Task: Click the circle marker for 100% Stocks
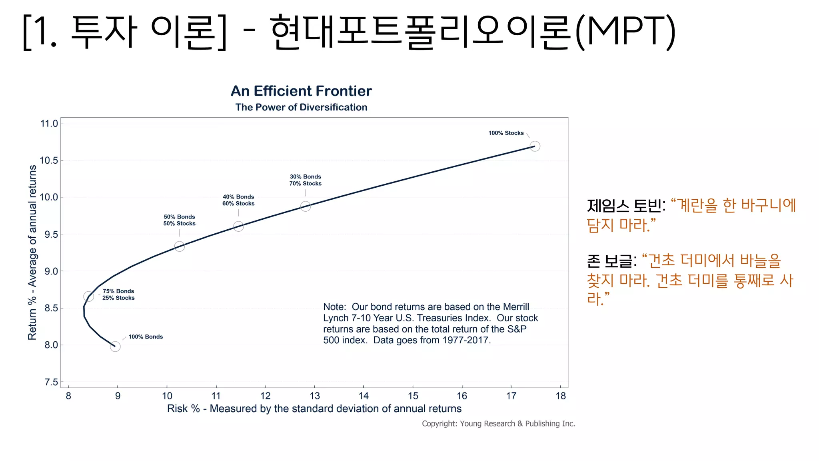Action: pyautogui.click(x=535, y=146)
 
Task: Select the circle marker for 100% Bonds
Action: pyautogui.click(x=115, y=347)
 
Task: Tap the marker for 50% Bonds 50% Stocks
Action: pyautogui.click(x=180, y=247)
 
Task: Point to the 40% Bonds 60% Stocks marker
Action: pyautogui.click(x=238, y=226)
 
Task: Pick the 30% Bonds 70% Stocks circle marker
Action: pyautogui.click(x=306, y=206)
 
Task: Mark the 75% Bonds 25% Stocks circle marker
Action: pyautogui.click(x=89, y=297)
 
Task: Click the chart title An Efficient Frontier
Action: pyautogui.click(x=301, y=91)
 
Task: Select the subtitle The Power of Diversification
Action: pyautogui.click(x=301, y=107)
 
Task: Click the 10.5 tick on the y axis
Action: pyautogui.click(x=49, y=160)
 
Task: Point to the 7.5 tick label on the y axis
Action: pyautogui.click(x=51, y=382)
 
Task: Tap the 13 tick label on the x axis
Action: pyautogui.click(x=315, y=396)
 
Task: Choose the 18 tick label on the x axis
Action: pyautogui.click(x=561, y=396)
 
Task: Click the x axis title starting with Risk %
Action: pyautogui.click(x=314, y=409)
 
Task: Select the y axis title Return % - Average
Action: pyautogui.click(x=32, y=253)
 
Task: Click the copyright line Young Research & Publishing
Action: pyautogui.click(x=498, y=424)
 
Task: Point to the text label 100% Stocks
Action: pyautogui.click(x=506, y=133)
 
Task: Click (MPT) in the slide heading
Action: pyautogui.click(x=625, y=31)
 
